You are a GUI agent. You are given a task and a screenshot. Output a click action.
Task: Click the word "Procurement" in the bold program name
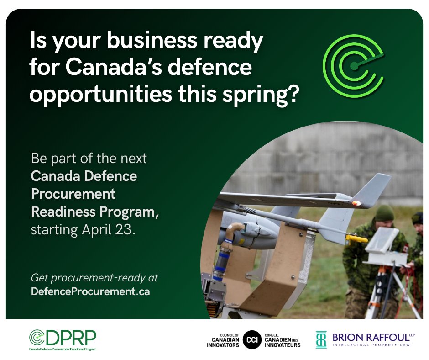[x=73, y=194]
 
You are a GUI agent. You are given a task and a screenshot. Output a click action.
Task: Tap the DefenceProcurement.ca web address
[x=90, y=291]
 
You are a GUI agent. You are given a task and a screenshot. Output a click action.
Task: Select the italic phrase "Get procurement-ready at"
[x=94, y=278]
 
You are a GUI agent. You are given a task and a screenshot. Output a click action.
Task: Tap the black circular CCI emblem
[x=252, y=339]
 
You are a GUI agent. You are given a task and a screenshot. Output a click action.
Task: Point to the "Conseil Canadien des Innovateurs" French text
[x=283, y=339]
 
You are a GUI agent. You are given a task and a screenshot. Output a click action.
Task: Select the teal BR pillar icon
[x=321, y=339]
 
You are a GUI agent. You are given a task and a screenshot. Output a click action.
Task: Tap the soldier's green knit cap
[x=384, y=212]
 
